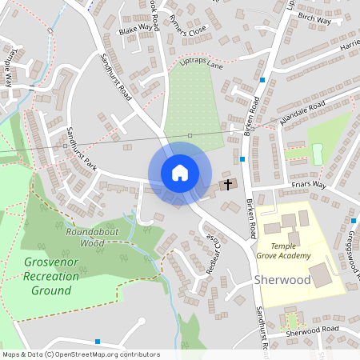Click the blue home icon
180,173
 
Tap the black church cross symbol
227,185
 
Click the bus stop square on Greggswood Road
353,221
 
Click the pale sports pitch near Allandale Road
317,151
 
